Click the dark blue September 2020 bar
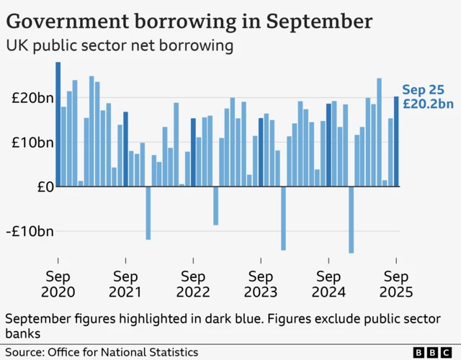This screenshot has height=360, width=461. point(58,125)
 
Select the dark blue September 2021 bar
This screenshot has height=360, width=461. point(125,149)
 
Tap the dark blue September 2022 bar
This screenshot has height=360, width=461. point(193,153)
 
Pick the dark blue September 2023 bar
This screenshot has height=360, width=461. point(261,153)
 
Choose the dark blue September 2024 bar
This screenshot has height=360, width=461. point(328,145)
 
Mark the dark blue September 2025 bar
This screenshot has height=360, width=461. point(396,142)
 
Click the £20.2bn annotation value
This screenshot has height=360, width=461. point(427,104)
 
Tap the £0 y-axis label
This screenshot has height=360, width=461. point(43,187)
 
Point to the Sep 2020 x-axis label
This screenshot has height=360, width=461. point(58,284)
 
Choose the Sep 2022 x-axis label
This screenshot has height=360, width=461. point(193,284)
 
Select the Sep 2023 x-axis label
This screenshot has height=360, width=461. point(261,284)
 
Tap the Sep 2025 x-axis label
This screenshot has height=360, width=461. point(396,284)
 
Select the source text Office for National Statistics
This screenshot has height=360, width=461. point(123,352)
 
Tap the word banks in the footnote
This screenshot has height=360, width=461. point(24,333)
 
